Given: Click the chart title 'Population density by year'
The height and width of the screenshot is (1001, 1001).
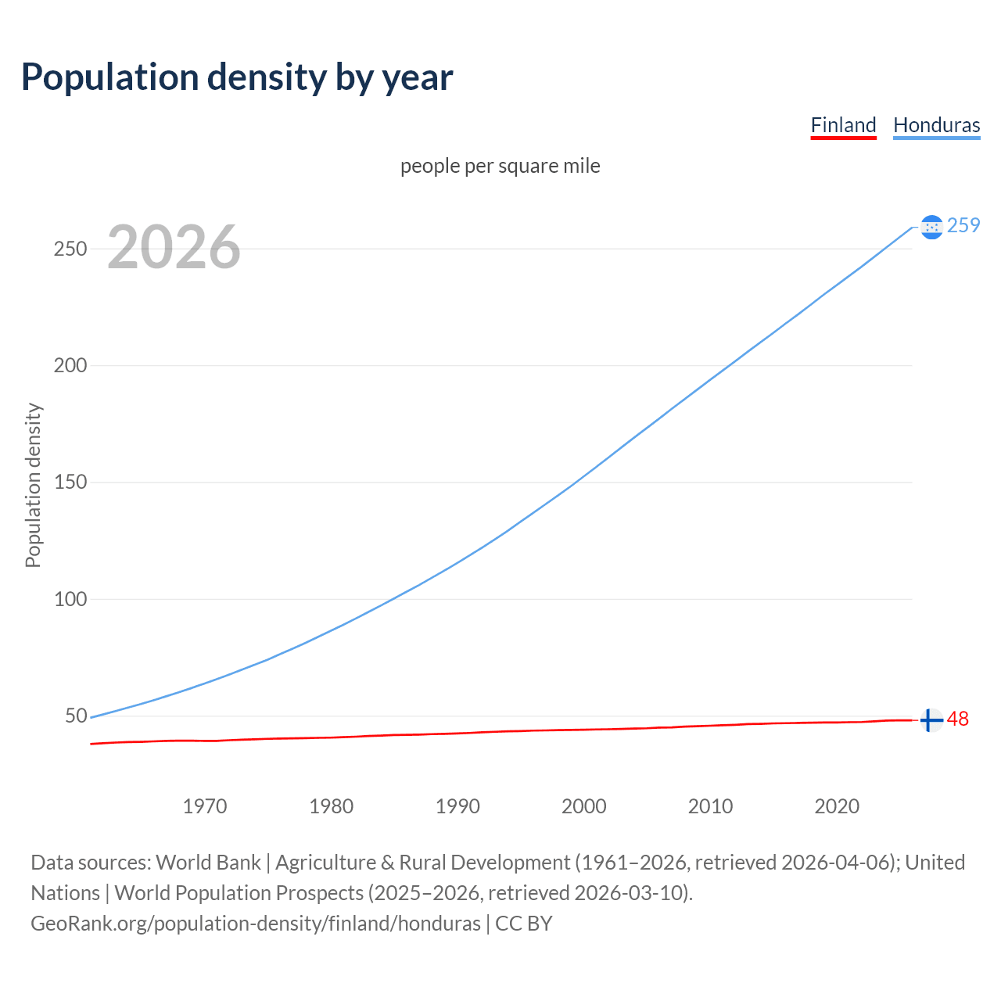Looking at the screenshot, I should pos(237,77).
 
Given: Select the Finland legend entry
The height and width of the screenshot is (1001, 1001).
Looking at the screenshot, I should pos(843,125).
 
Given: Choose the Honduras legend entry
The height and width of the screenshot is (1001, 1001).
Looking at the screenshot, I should pos(936,125).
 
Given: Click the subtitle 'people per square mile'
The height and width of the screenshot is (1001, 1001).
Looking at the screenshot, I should pos(500,166).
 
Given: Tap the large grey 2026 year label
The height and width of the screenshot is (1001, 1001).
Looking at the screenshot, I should pos(174,247).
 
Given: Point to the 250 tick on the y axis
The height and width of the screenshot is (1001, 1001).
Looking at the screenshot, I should pos(70,249).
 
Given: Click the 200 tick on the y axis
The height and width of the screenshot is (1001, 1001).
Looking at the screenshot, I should pos(70,365).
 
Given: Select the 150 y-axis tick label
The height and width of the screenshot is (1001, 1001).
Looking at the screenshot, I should pos(70,483).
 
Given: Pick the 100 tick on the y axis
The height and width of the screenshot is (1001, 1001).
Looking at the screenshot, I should pos(70,599).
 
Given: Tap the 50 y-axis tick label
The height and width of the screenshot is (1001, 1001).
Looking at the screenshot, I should pos(76,716).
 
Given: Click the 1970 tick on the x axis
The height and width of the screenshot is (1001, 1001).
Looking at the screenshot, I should pos(205,806).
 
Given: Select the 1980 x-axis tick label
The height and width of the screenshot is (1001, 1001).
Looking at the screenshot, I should pos(332,806).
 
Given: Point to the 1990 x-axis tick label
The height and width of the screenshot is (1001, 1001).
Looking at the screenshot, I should pos(457,806).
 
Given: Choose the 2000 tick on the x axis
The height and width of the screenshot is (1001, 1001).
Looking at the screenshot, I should pos(584,806).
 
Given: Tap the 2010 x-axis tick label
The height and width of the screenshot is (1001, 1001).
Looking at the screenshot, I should pos(710,806).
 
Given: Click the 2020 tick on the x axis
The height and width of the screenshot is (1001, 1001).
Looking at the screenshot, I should pos(837,806).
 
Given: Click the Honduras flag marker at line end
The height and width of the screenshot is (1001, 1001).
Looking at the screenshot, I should pos(931,227).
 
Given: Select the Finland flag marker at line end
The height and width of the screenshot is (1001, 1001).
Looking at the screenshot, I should pos(931,719).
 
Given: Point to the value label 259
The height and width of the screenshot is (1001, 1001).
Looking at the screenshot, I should pos(963,225).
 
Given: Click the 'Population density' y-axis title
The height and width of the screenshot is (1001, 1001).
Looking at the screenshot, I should pos(33,485).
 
